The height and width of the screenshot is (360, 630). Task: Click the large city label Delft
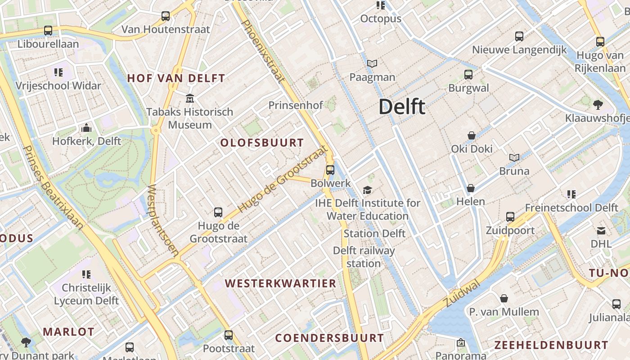click(401, 107)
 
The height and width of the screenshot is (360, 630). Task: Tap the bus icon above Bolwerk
click(330, 170)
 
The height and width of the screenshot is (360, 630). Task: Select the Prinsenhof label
click(296, 105)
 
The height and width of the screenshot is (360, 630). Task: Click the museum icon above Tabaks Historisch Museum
click(190, 98)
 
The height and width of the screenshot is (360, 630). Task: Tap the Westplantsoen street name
click(163, 220)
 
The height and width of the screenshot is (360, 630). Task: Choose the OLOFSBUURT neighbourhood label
click(262, 143)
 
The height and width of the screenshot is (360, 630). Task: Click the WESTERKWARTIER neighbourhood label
click(281, 283)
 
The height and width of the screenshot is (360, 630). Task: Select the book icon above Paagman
click(372, 64)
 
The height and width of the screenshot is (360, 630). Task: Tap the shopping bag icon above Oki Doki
click(472, 135)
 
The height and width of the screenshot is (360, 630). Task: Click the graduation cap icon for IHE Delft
click(368, 190)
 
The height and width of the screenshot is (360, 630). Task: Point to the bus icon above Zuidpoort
click(510, 217)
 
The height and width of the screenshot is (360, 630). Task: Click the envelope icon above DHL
click(601, 231)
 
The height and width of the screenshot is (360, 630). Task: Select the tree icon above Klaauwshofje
click(598, 105)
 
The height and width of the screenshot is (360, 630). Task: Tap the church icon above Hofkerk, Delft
click(86, 128)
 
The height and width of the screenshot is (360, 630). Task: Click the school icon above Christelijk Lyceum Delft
click(86, 274)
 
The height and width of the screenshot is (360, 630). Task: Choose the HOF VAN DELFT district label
click(176, 78)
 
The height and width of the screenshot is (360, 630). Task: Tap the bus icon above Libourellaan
click(48, 31)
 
